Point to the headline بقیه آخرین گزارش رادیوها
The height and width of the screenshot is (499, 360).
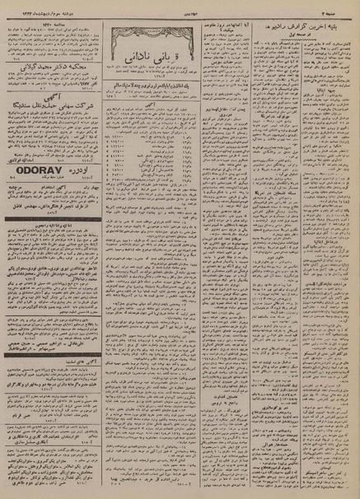coord(304,23)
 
